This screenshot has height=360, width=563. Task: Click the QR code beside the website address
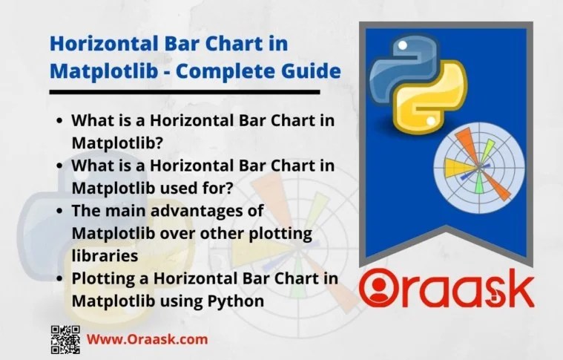[x=65, y=339]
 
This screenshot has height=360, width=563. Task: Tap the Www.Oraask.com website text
[x=147, y=339]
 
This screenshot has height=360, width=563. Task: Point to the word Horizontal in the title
[x=104, y=44]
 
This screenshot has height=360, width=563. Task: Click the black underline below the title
[x=185, y=92]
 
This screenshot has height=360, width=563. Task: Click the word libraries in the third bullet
[x=105, y=255]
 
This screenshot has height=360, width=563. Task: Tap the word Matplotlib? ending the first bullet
[x=117, y=143]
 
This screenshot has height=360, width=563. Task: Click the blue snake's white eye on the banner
[x=403, y=45]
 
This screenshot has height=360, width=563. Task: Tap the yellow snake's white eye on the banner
[x=431, y=122]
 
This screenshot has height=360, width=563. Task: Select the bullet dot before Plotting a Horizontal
[x=59, y=279]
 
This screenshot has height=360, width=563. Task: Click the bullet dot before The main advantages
[x=59, y=212]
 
